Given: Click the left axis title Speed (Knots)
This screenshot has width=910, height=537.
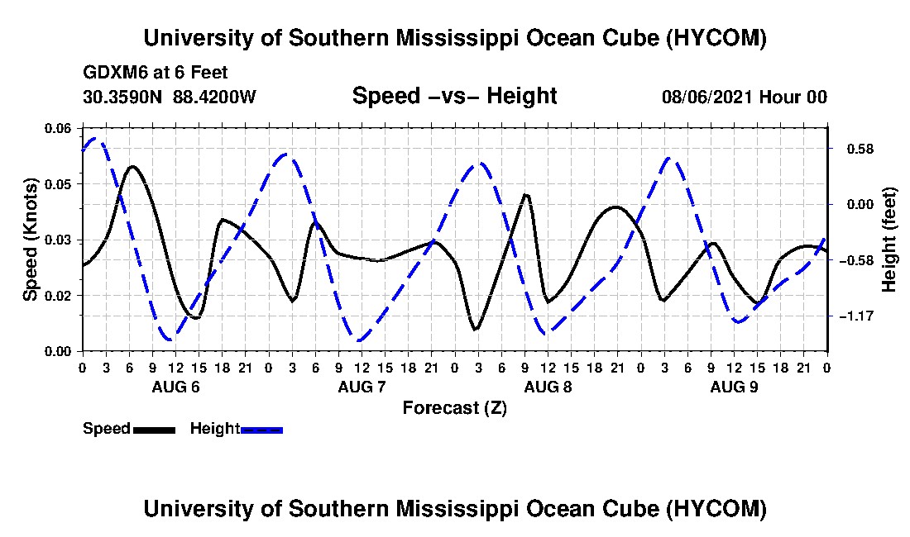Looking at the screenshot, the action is point(31,240).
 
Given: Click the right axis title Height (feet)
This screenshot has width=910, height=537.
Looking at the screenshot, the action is point(889,240).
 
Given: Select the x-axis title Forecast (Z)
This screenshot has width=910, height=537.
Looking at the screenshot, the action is point(454,408).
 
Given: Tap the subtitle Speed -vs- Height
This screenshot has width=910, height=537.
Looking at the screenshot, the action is point(454,96).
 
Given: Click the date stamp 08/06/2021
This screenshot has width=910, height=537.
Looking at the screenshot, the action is point(706,97).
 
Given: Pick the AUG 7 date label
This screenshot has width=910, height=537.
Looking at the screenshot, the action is point(362,387).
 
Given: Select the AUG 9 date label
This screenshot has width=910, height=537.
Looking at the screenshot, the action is point(734,387).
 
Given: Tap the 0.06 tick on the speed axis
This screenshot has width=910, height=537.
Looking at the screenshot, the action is point(58,128).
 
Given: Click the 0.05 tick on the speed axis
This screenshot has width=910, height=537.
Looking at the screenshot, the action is point(58,184).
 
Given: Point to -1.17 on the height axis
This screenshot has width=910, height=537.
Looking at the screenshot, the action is point(855,316).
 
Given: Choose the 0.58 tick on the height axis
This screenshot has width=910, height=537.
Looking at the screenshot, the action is point(860,149).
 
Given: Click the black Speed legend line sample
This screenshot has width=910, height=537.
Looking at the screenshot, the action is point(154,430).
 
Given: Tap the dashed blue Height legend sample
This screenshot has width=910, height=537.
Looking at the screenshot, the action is point(261,430).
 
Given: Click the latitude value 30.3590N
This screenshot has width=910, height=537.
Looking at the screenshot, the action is point(122,97).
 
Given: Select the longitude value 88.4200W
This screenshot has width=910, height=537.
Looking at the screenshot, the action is point(214,97).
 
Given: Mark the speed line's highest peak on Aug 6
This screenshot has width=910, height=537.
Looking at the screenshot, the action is point(133,166).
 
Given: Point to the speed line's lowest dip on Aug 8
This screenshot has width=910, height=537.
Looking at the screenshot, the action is point(476,330).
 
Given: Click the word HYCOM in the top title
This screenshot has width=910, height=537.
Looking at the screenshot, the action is point(716,38).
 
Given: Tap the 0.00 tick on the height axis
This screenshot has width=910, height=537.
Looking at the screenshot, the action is point(860,205).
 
